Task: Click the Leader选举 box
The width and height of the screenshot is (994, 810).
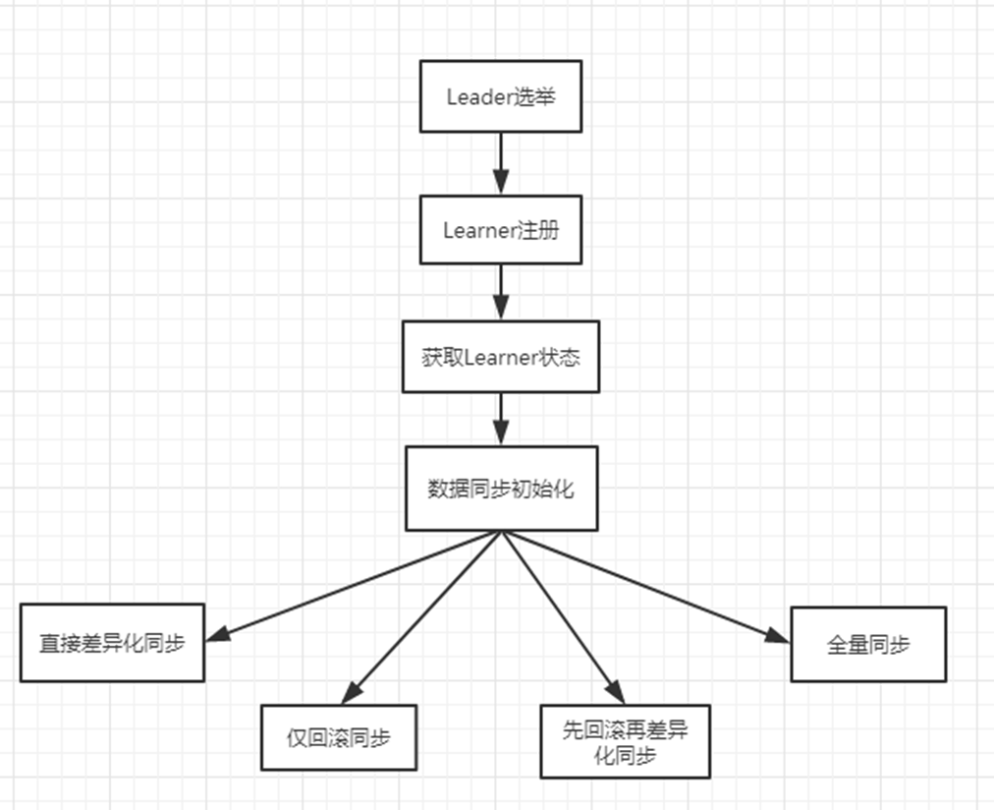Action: pyautogui.click(x=500, y=96)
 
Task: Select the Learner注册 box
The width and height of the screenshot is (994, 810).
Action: pyautogui.click(x=500, y=230)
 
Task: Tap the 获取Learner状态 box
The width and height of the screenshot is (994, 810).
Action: pyautogui.click(x=500, y=357)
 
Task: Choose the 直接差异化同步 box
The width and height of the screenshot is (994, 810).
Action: pyautogui.click(x=112, y=643)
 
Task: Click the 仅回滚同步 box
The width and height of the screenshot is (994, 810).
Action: pyautogui.click(x=338, y=736)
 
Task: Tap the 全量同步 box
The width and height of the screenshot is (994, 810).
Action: pyautogui.click(x=868, y=644)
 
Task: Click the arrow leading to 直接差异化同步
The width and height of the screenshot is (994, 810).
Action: pyautogui.click(x=354, y=585)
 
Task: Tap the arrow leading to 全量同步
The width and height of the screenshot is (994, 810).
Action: pyautogui.click(x=648, y=587)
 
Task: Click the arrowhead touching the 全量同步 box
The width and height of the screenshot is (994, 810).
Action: pyautogui.click(x=778, y=636)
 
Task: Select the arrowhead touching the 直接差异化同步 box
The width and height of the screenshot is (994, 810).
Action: pyautogui.click(x=218, y=635)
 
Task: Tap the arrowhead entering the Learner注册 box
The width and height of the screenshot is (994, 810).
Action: pyautogui.click(x=501, y=183)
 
